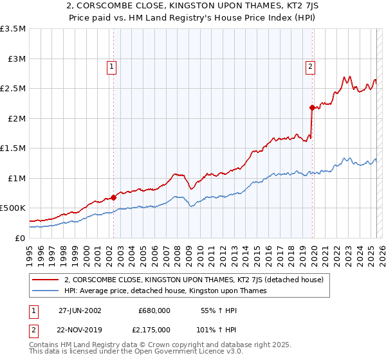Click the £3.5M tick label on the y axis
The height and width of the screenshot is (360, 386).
pyautogui.click(x=13, y=29)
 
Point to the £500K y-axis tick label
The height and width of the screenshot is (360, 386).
pyautogui.click(x=13, y=208)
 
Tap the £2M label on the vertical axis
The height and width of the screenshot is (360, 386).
pyautogui.click(x=17, y=118)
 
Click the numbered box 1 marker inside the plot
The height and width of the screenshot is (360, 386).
pyautogui.click(x=112, y=66)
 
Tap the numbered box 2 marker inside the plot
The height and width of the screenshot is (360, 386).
pyautogui.click(x=310, y=66)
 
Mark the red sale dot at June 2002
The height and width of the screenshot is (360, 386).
pyautogui.click(x=114, y=197)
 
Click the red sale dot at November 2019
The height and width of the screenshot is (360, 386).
pyautogui.click(x=312, y=108)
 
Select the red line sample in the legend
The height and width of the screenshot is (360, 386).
pyautogui.click(x=46, y=280)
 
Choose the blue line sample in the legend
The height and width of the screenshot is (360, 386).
pyautogui.click(x=46, y=291)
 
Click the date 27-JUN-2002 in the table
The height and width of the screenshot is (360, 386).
pyautogui.click(x=80, y=310)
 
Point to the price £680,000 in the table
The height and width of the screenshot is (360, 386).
pyautogui.click(x=154, y=310)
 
